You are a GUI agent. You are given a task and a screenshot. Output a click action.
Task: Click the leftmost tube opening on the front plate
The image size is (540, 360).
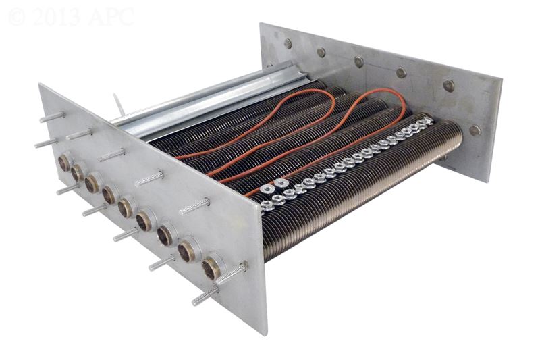click(64, 162)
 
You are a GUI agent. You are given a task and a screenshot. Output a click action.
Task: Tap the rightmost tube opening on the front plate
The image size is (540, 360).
click(211, 269)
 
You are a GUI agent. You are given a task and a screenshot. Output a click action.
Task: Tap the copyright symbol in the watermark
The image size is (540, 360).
click(17, 17)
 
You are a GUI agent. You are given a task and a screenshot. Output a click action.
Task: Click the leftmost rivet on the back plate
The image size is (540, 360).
click(288, 43)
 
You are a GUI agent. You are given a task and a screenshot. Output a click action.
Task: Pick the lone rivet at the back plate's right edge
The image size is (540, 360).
click(475, 130)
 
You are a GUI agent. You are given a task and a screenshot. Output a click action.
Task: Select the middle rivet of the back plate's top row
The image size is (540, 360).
click(359, 61)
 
